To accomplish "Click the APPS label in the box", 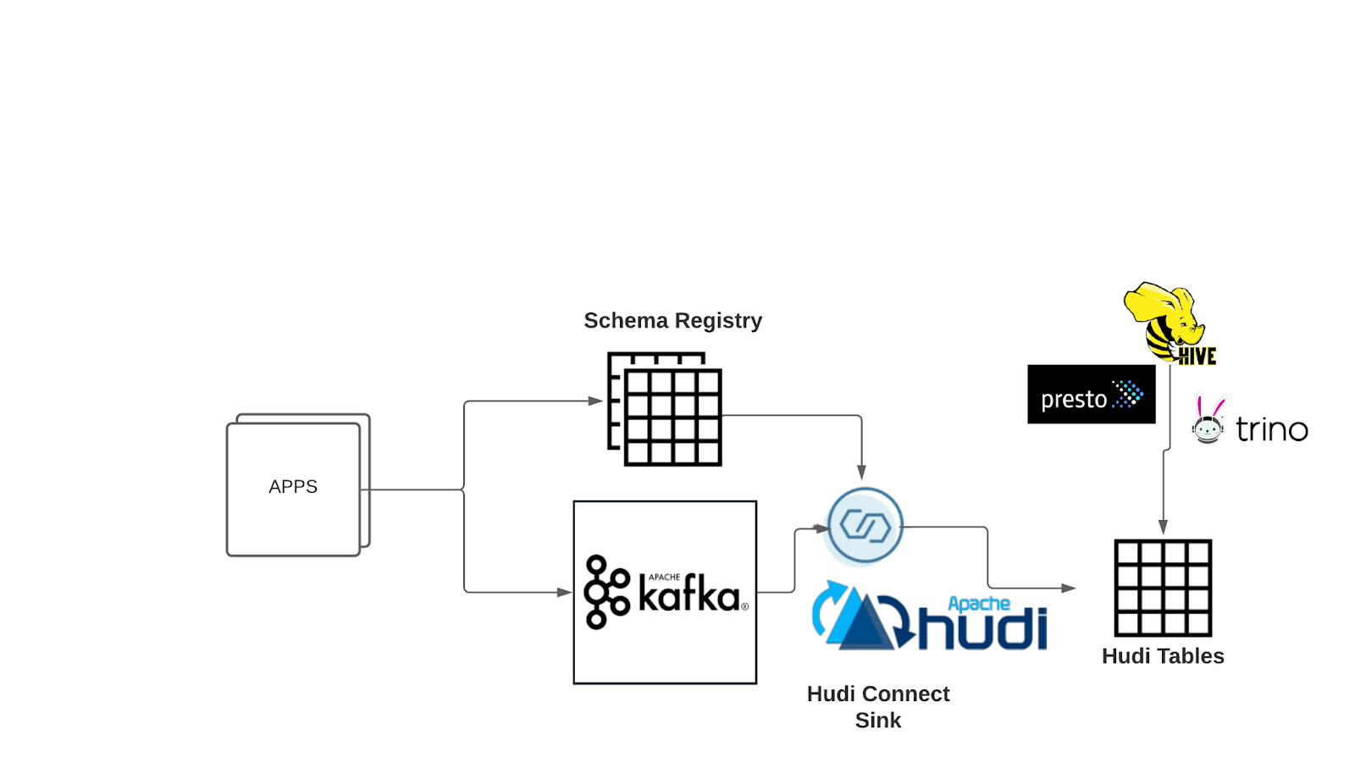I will [x=293, y=487].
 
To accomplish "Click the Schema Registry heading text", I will [x=672, y=321].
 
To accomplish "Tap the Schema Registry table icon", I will [x=666, y=410].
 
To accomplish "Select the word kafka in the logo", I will [x=689, y=594].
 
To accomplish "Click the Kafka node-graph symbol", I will [x=606, y=592].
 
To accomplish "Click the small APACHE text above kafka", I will [x=664, y=577].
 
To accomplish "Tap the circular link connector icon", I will [x=865, y=527].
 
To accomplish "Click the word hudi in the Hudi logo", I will [x=982, y=629].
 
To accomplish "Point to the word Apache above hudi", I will [x=978, y=604].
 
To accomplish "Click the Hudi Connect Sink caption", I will [x=878, y=706].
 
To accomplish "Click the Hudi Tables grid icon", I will [x=1163, y=588].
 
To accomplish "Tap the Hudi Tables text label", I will [x=1163, y=656].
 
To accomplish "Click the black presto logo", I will [x=1091, y=395].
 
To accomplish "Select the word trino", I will [x=1271, y=430].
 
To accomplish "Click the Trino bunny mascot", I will [x=1208, y=420].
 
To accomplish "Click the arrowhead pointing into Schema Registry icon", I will [x=595, y=401].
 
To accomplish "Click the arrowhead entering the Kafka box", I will [x=564, y=592].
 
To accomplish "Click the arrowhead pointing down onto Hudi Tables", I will [x=1163, y=527].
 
